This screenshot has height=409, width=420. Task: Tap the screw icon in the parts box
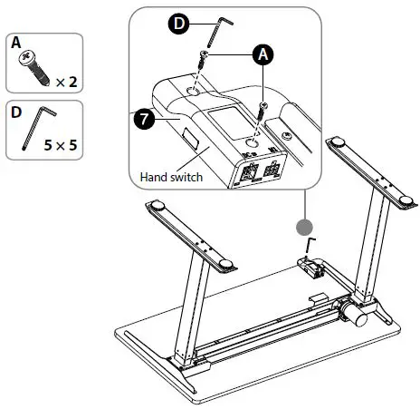33,65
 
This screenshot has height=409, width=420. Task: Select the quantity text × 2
65,82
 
